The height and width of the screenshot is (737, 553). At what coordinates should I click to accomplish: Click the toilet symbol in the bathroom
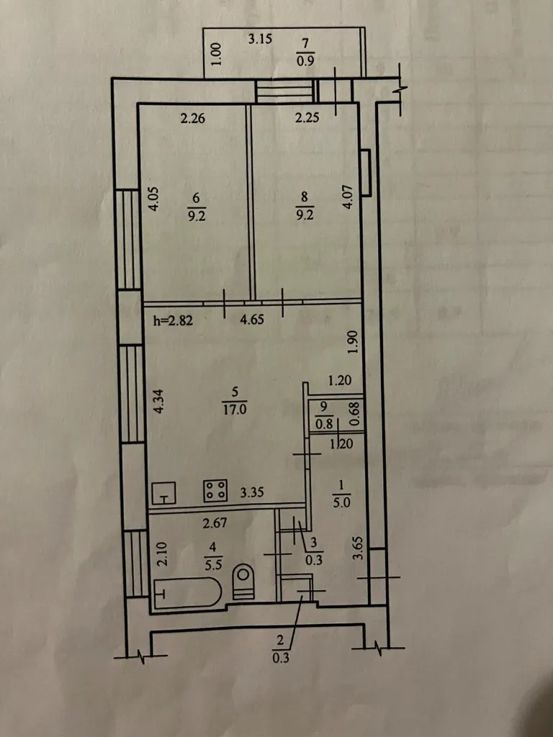click(243, 581)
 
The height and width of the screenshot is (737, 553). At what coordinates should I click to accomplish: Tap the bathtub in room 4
click(187, 593)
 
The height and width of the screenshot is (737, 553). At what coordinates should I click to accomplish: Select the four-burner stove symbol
click(215, 490)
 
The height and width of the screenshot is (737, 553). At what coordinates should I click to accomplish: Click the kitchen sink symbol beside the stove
click(163, 493)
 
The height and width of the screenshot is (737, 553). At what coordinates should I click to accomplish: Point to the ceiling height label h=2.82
click(173, 321)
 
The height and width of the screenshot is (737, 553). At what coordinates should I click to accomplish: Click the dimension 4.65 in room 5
click(252, 320)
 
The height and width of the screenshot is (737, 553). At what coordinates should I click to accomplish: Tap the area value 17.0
click(235, 410)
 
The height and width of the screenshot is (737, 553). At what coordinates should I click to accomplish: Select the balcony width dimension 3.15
click(260, 39)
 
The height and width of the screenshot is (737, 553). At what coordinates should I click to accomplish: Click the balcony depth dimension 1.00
click(216, 54)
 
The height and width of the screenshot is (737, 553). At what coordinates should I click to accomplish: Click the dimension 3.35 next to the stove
click(252, 492)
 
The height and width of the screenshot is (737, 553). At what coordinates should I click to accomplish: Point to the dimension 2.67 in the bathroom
click(215, 523)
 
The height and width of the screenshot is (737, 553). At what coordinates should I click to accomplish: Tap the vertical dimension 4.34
click(159, 400)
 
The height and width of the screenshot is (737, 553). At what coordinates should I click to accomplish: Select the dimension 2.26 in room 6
click(193, 118)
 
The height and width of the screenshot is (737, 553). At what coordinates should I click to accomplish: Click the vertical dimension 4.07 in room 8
click(347, 199)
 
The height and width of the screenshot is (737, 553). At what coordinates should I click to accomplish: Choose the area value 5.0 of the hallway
click(342, 502)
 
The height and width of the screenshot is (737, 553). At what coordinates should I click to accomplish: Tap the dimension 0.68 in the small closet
click(356, 414)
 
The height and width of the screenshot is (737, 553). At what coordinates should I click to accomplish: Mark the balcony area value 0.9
click(305, 60)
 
